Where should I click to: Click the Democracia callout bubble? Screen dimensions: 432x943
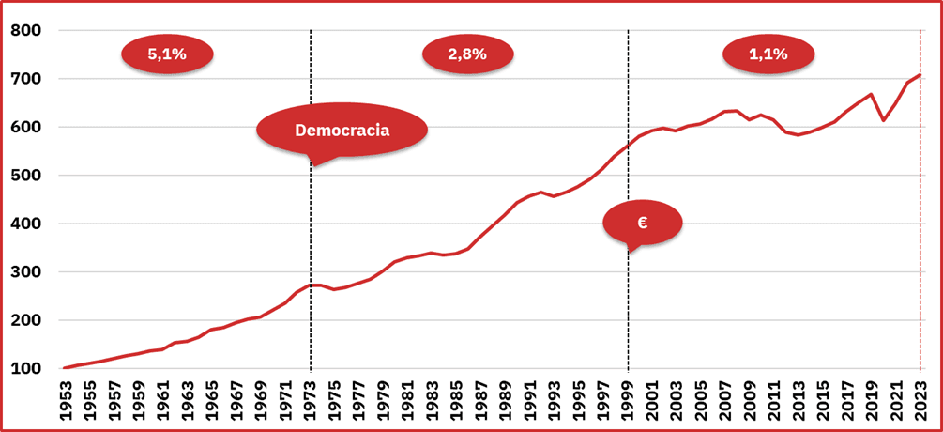pyautogui.click(x=342, y=130)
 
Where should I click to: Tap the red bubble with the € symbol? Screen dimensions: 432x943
pyautogui.click(x=642, y=223)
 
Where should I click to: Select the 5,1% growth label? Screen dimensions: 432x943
pyautogui.click(x=167, y=54)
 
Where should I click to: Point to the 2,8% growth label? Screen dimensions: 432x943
pyautogui.click(x=467, y=54)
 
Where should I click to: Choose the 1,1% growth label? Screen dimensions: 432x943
pyautogui.click(x=768, y=54)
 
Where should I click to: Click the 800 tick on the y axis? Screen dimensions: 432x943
pyautogui.click(x=27, y=31)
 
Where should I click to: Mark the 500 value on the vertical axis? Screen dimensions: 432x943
pyautogui.click(x=27, y=176)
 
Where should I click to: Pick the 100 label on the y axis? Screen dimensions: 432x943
pyautogui.click(x=27, y=368)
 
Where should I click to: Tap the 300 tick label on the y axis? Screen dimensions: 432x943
pyautogui.click(x=27, y=272)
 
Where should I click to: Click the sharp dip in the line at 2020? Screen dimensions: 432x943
pyautogui.click(x=884, y=120)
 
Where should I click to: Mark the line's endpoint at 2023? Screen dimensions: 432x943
pyautogui.click(x=920, y=75)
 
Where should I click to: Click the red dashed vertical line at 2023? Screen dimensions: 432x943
pyautogui.click(x=920, y=235)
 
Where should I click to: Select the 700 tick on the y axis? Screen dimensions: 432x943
pyautogui.click(x=27, y=79)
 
